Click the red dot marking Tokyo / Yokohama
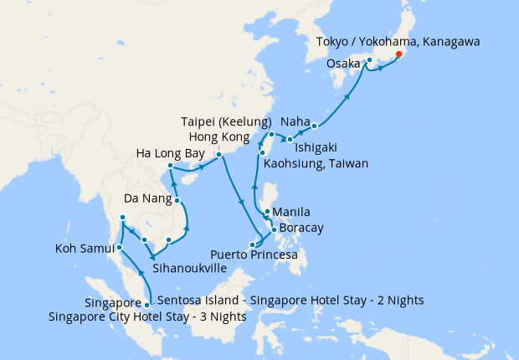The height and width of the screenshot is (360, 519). pos(398,54)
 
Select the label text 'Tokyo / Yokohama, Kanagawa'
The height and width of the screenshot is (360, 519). pos(398,41)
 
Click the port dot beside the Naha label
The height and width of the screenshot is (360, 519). pos(315,126)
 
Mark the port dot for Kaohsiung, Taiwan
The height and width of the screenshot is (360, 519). pos(262,153)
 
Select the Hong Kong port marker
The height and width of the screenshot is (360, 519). pos(218,155)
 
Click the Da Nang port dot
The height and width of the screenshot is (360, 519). pos(177,200)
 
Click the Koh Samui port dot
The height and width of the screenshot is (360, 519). pos(120,248)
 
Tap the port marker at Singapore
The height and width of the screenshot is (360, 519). pos(147,305)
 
